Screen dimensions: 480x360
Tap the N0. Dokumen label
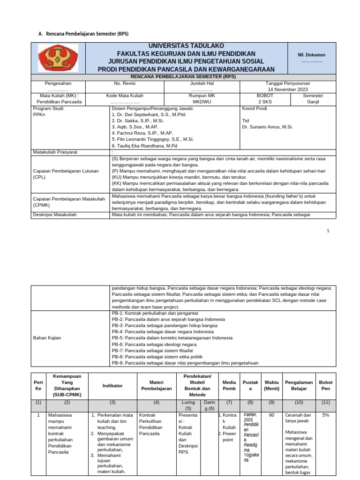pyautogui.click(x=312, y=55)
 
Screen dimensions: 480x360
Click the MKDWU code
pyautogui.click(x=201, y=101)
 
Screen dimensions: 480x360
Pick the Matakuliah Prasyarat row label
pyautogui.click(x=55, y=152)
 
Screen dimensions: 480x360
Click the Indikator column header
pyautogui.click(x=112, y=385)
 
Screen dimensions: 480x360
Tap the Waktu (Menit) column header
pyautogui.click(x=271, y=385)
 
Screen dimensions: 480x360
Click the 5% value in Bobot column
pyautogui.click(x=325, y=415)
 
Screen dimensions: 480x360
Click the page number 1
pyautogui.click(x=328, y=231)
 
